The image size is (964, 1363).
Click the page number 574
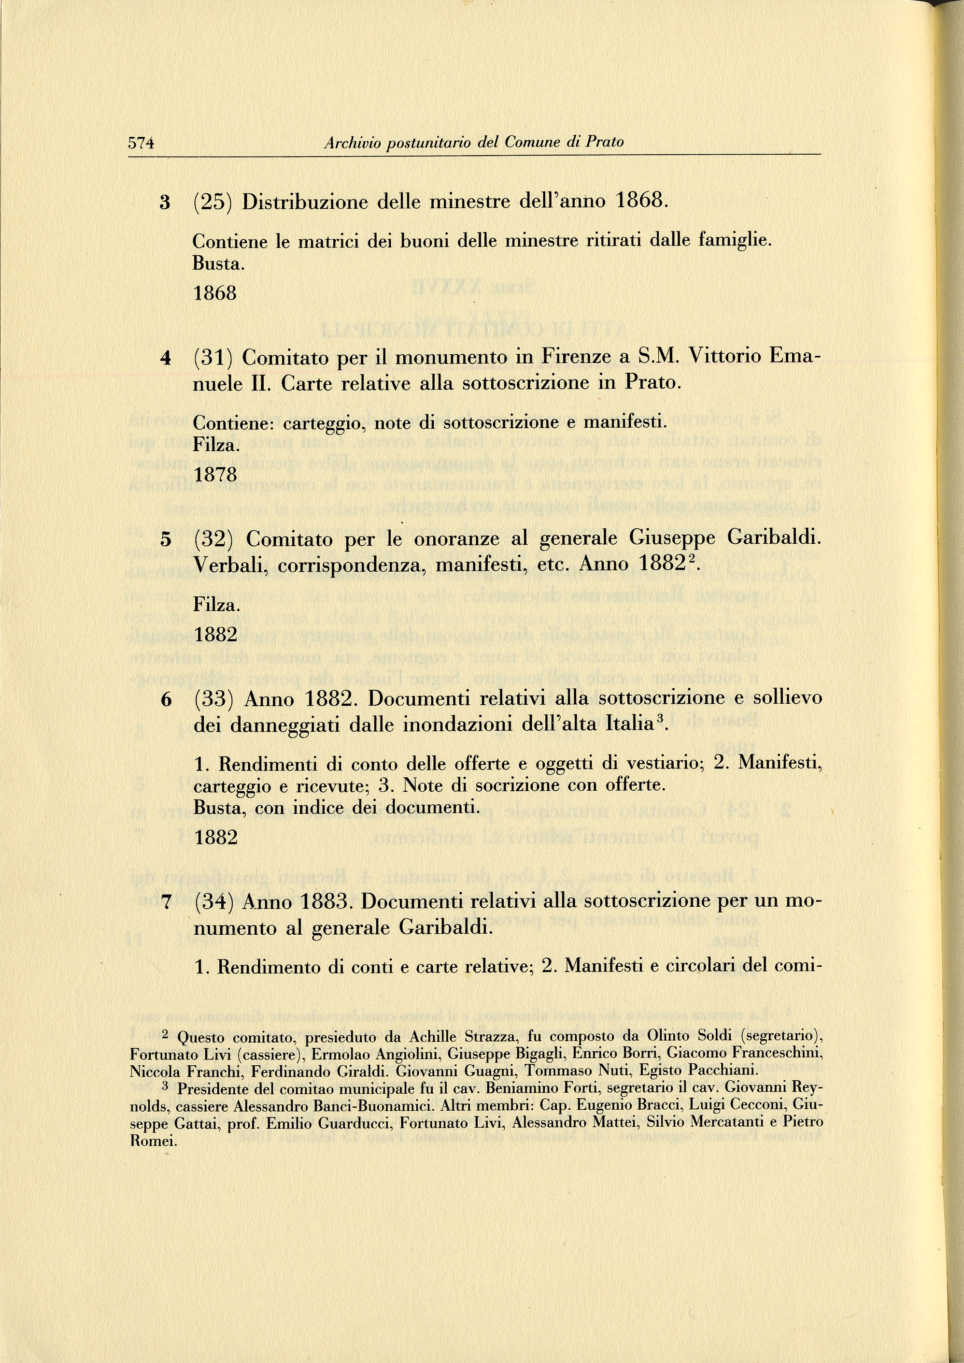tap(142, 143)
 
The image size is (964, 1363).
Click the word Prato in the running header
tap(604, 143)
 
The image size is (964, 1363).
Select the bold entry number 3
tap(165, 203)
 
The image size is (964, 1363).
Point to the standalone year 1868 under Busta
tap(215, 293)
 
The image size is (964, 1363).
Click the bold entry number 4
tap(166, 358)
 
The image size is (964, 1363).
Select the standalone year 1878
tap(215, 475)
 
